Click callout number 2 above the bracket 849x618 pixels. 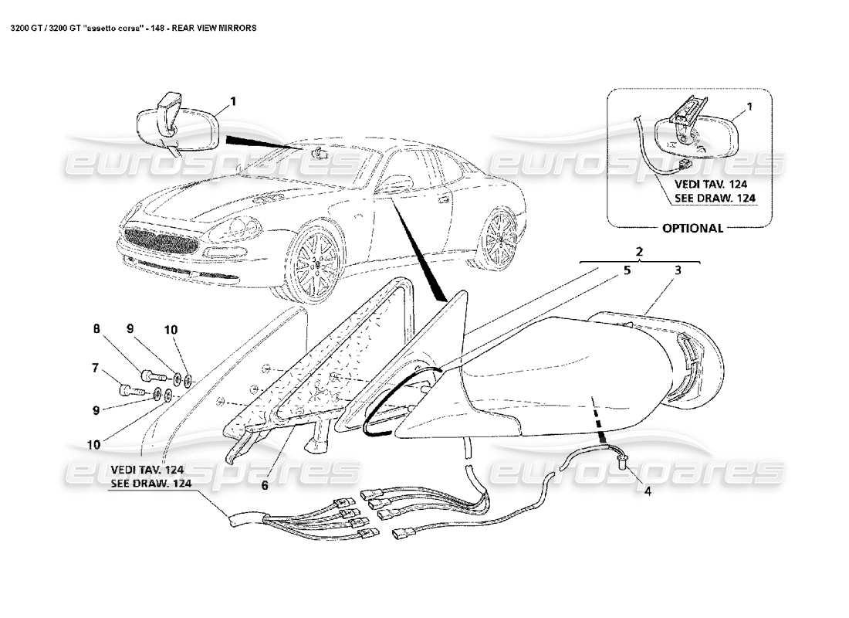click(x=639, y=252)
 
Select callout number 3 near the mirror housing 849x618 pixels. click(x=677, y=271)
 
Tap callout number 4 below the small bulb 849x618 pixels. click(x=648, y=488)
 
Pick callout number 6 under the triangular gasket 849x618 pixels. click(x=263, y=486)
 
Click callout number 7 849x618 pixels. click(x=96, y=368)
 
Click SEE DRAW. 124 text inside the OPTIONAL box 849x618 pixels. click(x=714, y=199)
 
